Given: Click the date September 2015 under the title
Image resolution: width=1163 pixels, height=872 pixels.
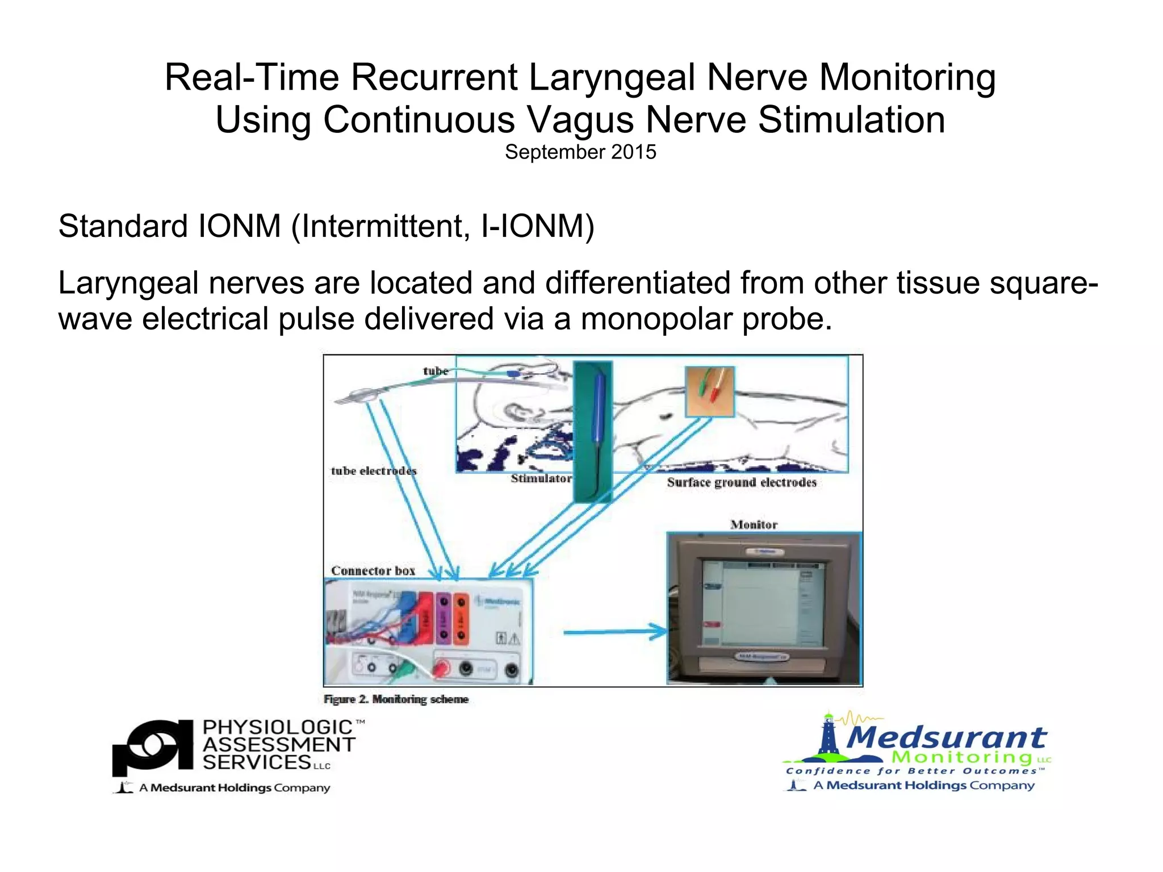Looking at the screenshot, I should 580,152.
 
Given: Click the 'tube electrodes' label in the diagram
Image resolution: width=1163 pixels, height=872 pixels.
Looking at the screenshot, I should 374,471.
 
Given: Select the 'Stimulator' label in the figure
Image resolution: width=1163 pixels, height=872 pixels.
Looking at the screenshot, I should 541,479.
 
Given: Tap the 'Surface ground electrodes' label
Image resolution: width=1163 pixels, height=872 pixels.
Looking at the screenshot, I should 742,483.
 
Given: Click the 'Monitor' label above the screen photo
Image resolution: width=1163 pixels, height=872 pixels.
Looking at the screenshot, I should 754,524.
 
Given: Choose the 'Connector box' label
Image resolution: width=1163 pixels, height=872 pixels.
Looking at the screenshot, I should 373,570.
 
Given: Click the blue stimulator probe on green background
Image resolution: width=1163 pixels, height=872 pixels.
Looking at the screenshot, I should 593,432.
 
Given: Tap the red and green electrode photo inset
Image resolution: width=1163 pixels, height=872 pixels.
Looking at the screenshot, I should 710,392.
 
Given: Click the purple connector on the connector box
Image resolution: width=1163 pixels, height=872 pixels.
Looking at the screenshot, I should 444,618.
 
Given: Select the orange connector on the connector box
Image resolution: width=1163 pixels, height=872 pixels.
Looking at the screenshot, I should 461,618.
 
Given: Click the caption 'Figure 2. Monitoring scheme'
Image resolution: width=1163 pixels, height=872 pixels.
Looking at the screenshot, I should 396,699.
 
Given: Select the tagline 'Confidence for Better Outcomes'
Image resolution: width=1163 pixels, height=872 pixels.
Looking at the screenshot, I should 914,771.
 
